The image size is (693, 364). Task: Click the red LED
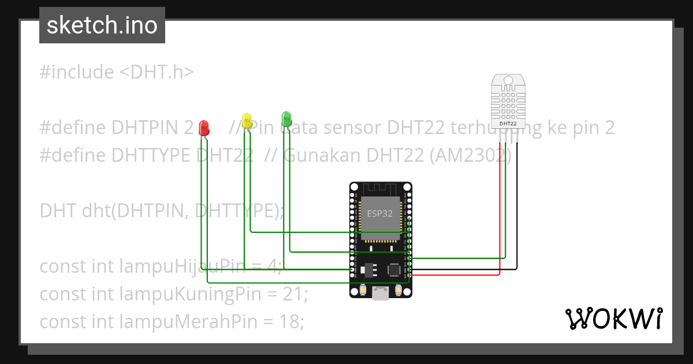coord(203,128)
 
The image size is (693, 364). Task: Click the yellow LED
coord(248,120)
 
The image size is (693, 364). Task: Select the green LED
coord(286,118)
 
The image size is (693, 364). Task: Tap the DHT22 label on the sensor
coord(508,123)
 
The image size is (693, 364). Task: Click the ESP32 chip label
coord(380,213)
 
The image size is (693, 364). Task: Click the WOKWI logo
coord(613,319)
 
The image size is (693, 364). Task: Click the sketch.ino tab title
coord(102,25)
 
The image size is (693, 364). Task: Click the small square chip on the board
coord(394,269)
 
